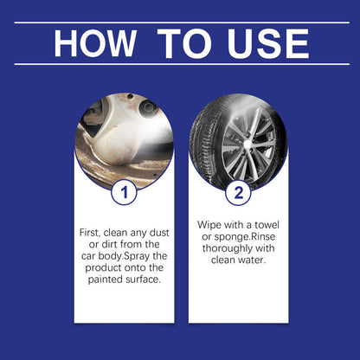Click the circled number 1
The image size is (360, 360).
[x=124, y=190]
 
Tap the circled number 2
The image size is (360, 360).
[x=238, y=190]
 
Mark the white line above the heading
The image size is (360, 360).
[x=180, y=22]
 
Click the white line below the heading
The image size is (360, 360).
[x=180, y=63]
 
